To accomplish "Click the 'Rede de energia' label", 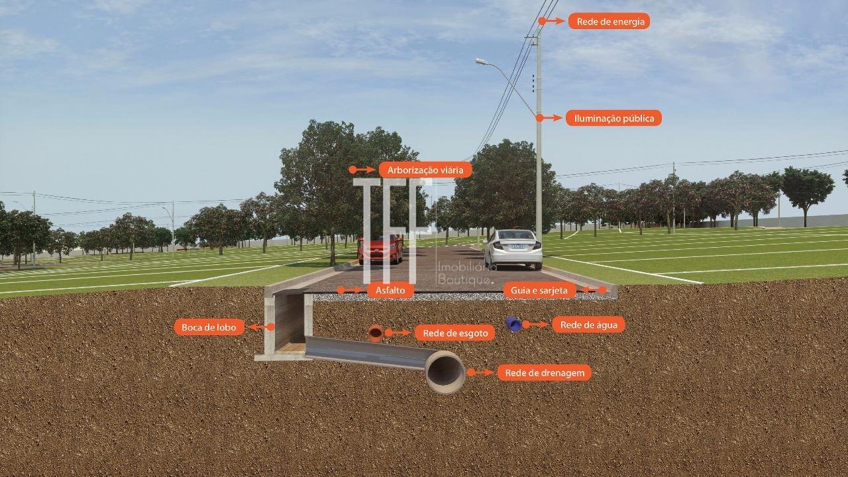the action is pos(609,21).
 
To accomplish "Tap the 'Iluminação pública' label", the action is pos(613,118).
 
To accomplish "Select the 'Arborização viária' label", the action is pos(425,170).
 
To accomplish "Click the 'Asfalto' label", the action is pos(390,290).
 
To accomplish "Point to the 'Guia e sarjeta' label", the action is pos(539,290).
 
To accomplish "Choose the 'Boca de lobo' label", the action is pos(209,327).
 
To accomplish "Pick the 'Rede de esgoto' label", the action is pos(454,333).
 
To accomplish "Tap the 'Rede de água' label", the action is pos(589,325).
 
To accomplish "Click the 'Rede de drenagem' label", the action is pos(545,373).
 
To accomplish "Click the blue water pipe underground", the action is pos(513,325).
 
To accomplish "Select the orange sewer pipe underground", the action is pos(376,333).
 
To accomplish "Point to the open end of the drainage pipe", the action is pos(445,372).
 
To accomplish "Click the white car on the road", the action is pos(513,249).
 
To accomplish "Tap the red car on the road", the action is pos(380,248).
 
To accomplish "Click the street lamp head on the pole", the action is pos(481,61).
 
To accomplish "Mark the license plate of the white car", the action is pos(518,246).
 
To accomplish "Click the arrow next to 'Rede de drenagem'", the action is pos(480,373).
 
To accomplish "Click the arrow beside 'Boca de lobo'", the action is pos(261,327).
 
